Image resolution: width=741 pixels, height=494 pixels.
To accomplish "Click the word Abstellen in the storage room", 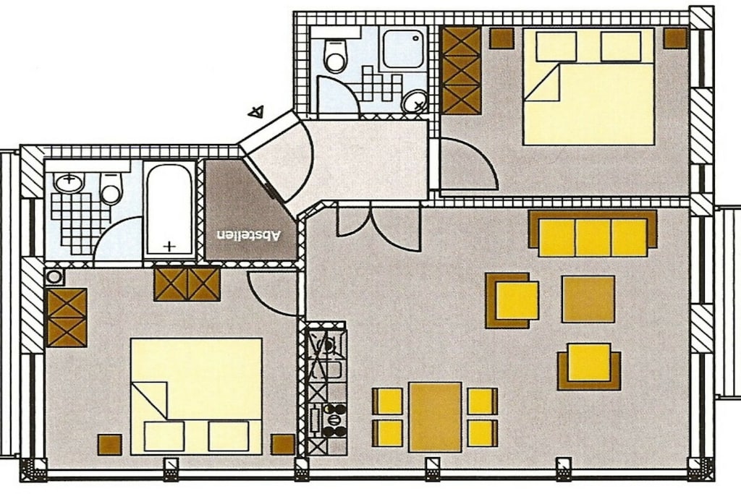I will [249, 235].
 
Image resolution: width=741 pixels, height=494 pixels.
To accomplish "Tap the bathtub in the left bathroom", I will [169, 209].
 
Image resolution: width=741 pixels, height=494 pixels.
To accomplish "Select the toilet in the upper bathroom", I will [335, 56].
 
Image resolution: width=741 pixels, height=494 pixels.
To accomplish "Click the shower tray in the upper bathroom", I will [404, 48].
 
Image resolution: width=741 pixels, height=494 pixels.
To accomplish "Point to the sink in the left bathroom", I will [69, 183].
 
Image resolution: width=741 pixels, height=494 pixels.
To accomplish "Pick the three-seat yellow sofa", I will [593, 233].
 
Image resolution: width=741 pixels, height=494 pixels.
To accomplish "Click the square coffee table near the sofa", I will [588, 299].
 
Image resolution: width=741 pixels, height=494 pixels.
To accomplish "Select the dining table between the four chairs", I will [435, 417].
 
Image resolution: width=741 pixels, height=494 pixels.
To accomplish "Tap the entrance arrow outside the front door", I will [255, 112].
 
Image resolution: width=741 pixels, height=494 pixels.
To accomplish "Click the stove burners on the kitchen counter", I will [333, 420].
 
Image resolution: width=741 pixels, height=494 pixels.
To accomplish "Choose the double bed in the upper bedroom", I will [588, 86].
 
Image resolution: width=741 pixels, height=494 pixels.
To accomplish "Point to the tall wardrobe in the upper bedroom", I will [461, 70].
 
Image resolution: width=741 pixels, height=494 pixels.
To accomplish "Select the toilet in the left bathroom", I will [111, 189].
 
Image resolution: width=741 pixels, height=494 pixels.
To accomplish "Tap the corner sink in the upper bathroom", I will [415, 102].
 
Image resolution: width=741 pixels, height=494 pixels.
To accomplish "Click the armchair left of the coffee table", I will [513, 300].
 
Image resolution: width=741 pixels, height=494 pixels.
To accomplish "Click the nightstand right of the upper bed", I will [674, 38].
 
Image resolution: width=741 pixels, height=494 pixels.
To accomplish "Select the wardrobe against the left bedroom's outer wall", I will [67, 317].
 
